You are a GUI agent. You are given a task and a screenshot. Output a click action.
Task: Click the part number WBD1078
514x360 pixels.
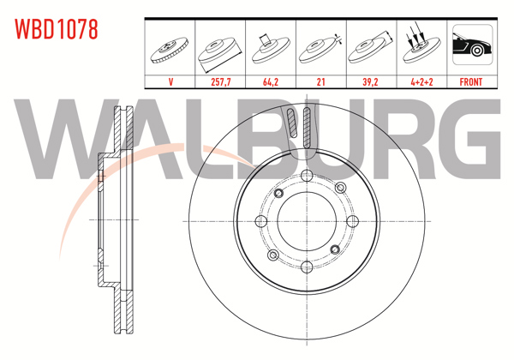point(56,29)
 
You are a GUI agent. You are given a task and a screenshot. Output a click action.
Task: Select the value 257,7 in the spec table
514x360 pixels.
point(221,82)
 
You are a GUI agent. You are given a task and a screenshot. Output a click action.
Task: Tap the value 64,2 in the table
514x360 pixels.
point(271,82)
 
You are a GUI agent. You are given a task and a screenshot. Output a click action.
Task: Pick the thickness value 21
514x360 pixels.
point(320,82)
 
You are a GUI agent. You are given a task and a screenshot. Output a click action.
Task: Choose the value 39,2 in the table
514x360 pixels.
point(371,82)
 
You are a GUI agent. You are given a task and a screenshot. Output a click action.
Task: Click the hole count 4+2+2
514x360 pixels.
point(421,82)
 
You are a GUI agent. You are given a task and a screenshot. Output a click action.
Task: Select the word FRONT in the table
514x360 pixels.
point(471,82)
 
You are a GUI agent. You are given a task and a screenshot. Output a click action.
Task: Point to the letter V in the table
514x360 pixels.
point(170,82)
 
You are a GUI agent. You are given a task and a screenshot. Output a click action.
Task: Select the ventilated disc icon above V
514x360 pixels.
point(170,48)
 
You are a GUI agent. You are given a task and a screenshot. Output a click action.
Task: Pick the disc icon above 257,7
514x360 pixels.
point(221,50)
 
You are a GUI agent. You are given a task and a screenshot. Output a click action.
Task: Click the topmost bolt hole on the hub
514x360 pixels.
point(306,177)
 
